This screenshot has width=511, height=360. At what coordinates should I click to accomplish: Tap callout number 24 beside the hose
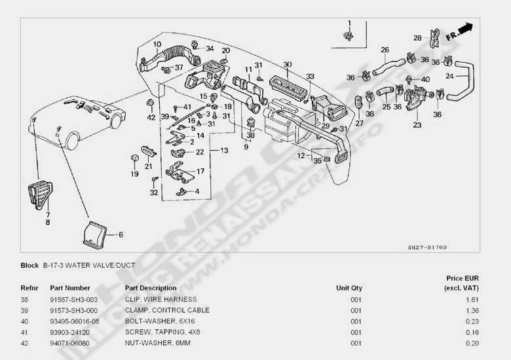click(x=449, y=76)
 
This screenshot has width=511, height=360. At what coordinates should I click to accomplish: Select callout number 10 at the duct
click(x=157, y=45)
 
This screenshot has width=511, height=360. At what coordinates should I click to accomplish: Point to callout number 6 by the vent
click(x=120, y=234)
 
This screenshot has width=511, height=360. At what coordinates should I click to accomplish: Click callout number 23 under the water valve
click(x=417, y=124)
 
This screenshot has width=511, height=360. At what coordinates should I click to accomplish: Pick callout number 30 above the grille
click(x=287, y=64)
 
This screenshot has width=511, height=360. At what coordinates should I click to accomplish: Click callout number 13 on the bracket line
click(x=224, y=151)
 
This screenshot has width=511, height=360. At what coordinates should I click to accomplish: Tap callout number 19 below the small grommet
click(x=134, y=175)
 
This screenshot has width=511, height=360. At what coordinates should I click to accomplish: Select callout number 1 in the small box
click(x=349, y=24)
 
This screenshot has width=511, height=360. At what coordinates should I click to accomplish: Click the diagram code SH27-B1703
click(x=426, y=248)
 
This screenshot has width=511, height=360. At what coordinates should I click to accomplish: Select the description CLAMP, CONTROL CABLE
click(x=167, y=310)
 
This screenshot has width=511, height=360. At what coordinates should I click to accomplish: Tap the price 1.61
click(x=472, y=298)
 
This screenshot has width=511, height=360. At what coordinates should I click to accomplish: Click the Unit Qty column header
click(x=349, y=288)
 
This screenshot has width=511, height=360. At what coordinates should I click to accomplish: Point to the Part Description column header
click(x=150, y=288)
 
